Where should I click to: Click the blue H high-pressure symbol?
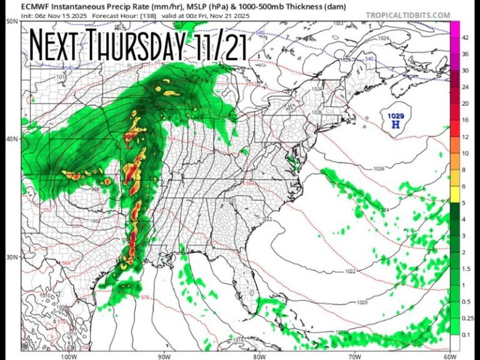click(395, 125)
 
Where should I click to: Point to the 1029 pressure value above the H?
click(395, 116)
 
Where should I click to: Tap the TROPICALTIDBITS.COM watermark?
click(407, 14)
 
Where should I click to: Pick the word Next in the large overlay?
click(57, 44)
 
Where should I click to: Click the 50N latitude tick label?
click(11, 21)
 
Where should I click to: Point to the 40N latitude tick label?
click(11, 139)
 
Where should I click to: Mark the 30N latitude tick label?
click(11, 256)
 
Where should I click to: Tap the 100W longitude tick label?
click(69, 340)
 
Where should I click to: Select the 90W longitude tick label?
click(164, 340)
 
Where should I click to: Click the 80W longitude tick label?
click(259, 340)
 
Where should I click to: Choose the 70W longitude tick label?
click(354, 340)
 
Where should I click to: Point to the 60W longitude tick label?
click(449, 340)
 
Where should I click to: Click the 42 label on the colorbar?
click(465, 37)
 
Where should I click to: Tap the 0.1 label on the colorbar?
click(466, 334)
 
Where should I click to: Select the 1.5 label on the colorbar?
click(466, 268)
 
